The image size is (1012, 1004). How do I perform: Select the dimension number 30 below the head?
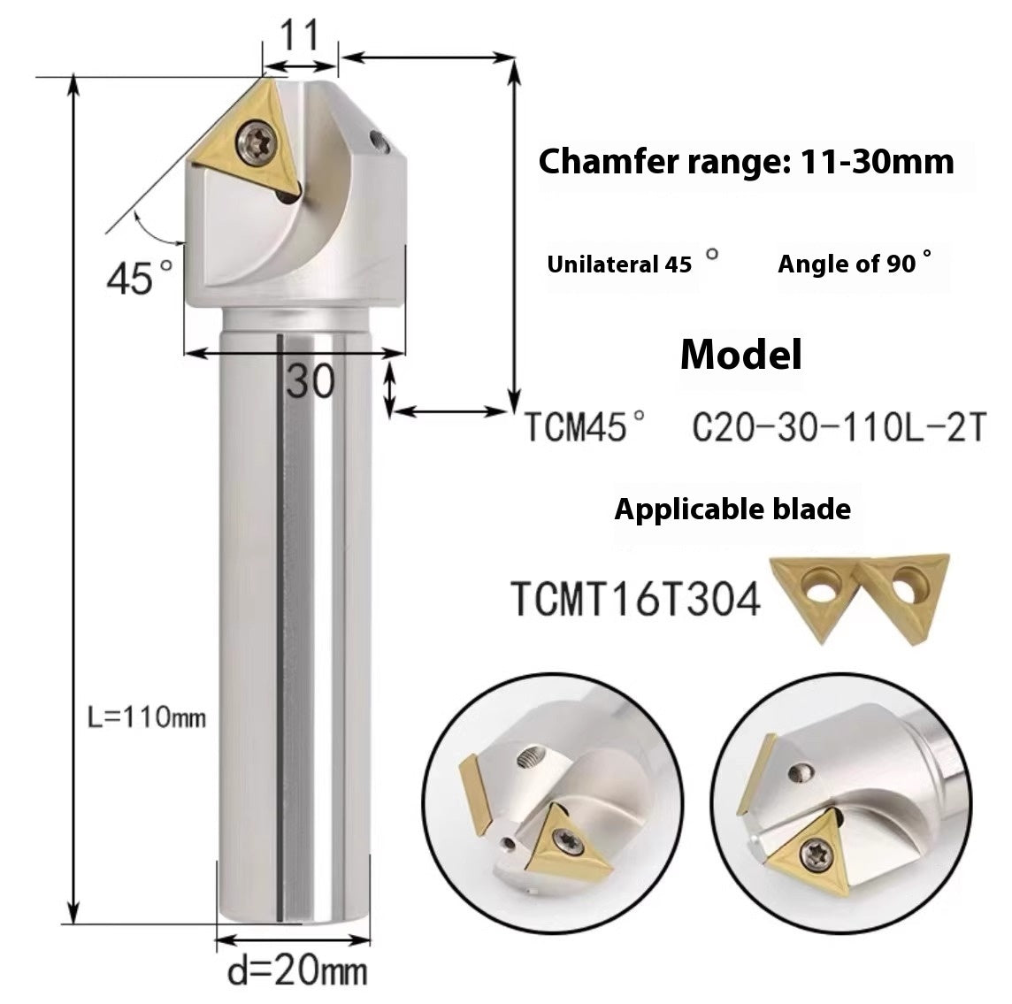point(310,381)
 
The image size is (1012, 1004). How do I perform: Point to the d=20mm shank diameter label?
point(297,973)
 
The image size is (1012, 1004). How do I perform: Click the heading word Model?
point(741,355)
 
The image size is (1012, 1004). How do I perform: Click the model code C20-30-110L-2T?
point(837,429)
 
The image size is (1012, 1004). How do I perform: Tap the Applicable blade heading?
point(732,510)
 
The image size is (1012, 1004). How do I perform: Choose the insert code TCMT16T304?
point(635,601)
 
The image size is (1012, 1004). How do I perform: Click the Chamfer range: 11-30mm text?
point(746,162)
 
